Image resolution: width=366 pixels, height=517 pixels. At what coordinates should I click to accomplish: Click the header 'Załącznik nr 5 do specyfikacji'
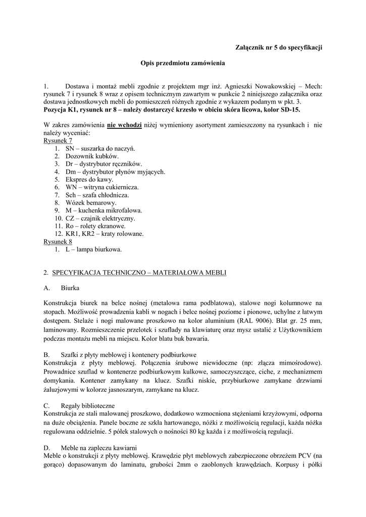279,47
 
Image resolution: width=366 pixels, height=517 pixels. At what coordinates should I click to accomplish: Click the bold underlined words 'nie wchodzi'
124,125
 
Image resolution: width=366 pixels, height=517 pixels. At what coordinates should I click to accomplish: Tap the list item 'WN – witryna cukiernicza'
102,187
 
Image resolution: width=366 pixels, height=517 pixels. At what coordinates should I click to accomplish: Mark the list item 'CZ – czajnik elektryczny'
100,218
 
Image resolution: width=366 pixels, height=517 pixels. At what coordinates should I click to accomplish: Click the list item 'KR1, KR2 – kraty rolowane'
104,234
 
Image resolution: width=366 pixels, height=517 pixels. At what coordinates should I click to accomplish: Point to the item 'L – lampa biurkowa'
93,249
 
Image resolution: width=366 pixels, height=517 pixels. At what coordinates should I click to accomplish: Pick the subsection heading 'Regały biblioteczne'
87,405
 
